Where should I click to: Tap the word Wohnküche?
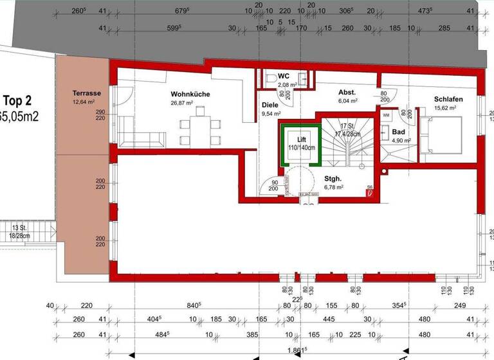190,94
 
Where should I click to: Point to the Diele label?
270,105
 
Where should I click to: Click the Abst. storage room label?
347,93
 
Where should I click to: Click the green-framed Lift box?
301,143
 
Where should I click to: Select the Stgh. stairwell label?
333,179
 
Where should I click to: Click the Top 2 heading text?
17,100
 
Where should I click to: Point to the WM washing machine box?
386,115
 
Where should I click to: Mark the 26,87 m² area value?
181,103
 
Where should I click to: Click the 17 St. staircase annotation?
348,127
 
